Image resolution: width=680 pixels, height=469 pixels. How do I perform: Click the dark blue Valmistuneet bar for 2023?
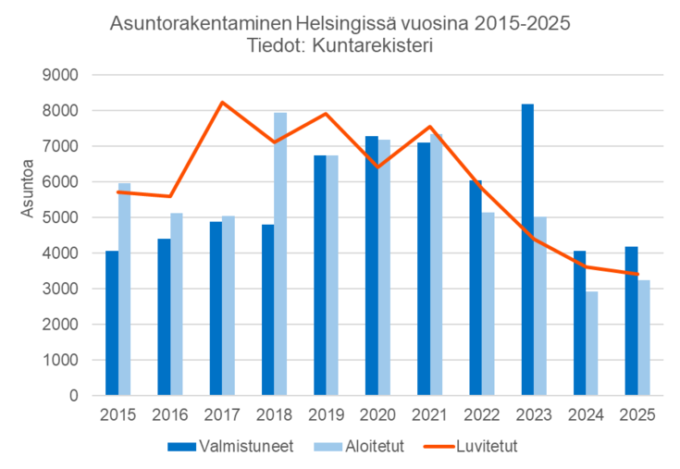[527, 250]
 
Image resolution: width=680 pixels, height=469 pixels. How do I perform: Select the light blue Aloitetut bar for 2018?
[280, 254]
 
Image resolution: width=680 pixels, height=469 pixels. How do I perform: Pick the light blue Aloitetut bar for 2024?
[592, 343]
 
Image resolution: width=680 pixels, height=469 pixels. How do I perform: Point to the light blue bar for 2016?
[176, 304]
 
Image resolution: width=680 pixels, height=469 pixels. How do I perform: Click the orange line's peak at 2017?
[222, 103]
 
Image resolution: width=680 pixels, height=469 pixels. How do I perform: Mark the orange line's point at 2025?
[637, 274]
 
